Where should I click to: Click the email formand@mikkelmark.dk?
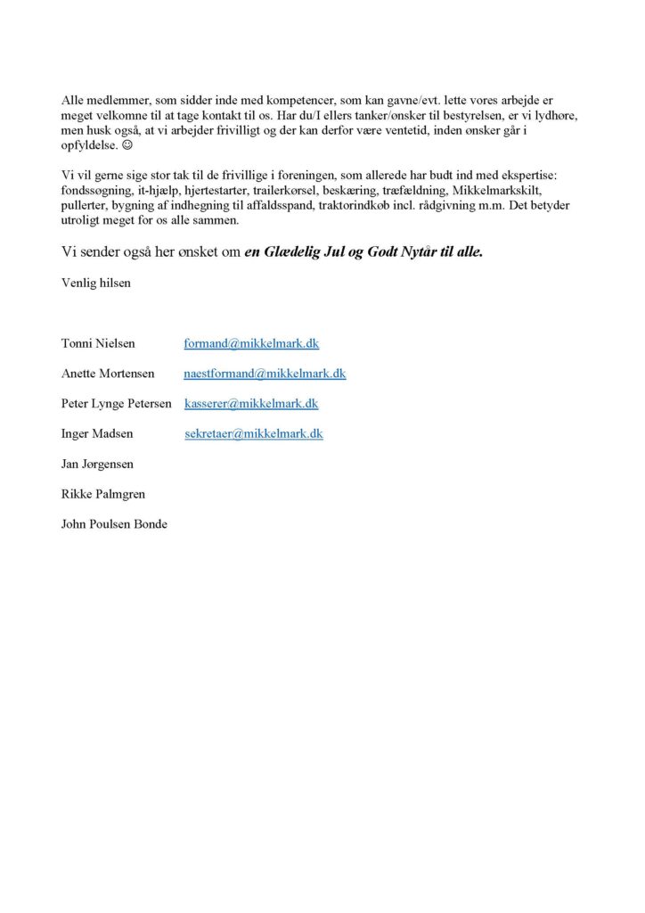pyautogui.click(x=251, y=343)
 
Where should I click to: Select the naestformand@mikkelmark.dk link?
pyautogui.click(x=265, y=374)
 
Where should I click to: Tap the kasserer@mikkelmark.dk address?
pyautogui.click(x=251, y=404)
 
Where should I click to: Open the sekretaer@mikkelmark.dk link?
pyautogui.click(x=254, y=434)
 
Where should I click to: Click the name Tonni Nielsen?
pyautogui.click(x=99, y=343)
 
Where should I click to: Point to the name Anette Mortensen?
pyautogui.click(x=108, y=374)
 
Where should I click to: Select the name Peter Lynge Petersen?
pyautogui.click(x=117, y=404)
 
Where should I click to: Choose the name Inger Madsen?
pyautogui.click(x=98, y=434)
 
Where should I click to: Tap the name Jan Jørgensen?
pyautogui.click(x=97, y=465)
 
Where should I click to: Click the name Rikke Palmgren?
pyautogui.click(x=103, y=494)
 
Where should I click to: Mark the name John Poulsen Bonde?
pyautogui.click(x=114, y=524)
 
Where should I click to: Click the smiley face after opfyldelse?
pyautogui.click(x=127, y=144)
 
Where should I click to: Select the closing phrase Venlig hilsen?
pyautogui.click(x=97, y=283)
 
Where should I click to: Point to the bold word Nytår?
pyautogui.click(x=433, y=252)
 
